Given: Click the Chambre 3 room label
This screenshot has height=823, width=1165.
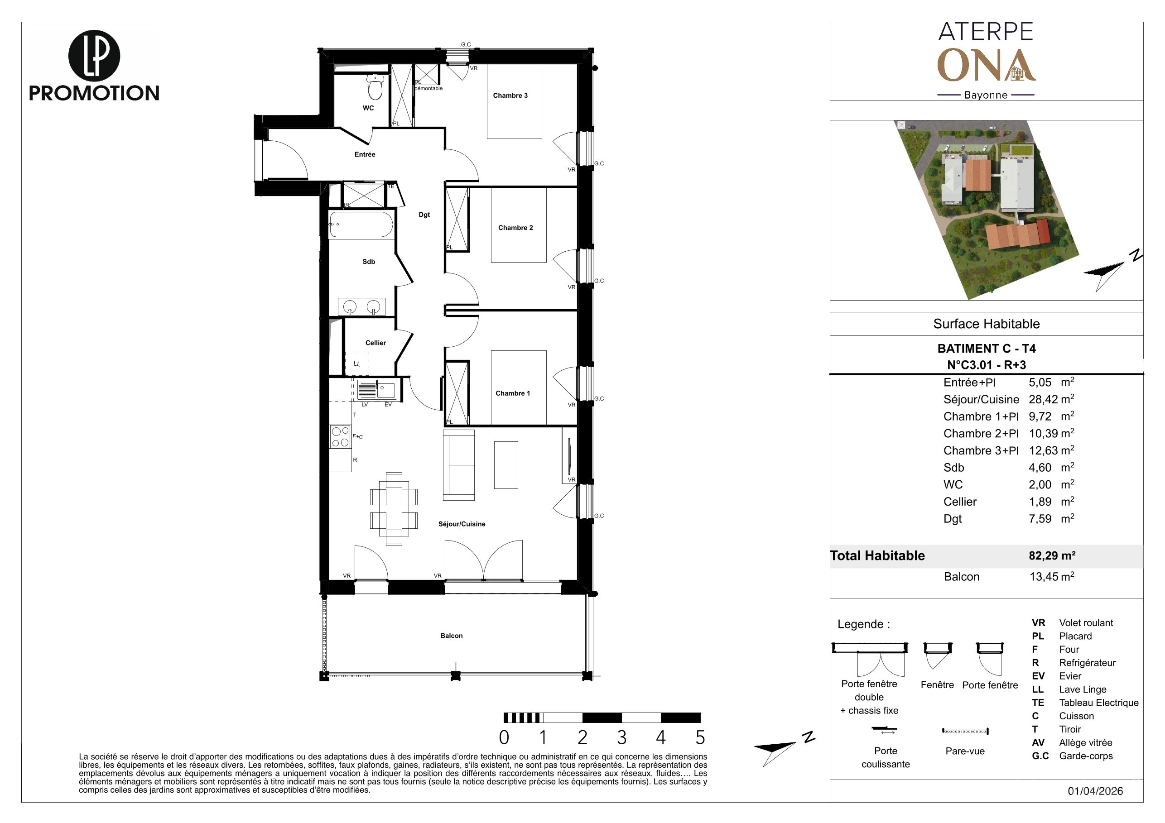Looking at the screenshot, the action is point(510,96).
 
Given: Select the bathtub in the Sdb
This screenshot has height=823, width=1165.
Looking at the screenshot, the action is point(361,224).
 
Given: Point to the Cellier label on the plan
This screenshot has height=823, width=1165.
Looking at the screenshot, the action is point(375,343).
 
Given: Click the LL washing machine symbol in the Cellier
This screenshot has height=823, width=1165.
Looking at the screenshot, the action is point(357,364).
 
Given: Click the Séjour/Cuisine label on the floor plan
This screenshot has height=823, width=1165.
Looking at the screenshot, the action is point(462,524).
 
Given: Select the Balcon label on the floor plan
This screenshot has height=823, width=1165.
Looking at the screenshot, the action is point(452,636).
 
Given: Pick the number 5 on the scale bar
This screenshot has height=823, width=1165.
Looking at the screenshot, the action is point(700,737).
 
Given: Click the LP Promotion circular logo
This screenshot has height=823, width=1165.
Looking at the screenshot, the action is point(94,56).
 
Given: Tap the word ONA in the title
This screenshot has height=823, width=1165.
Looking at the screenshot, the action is point(987,65).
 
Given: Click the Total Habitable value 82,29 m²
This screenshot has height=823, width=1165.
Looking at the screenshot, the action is point(1052,556).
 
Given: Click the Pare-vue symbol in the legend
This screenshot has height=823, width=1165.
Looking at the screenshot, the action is point(965,731).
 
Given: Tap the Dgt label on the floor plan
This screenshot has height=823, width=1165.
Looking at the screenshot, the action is point(424,215).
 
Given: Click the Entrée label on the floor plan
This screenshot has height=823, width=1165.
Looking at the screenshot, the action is point(365,154).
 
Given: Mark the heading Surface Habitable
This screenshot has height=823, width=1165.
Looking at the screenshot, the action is point(987,324).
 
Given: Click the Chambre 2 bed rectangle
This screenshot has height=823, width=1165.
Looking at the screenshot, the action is point(519,225).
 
